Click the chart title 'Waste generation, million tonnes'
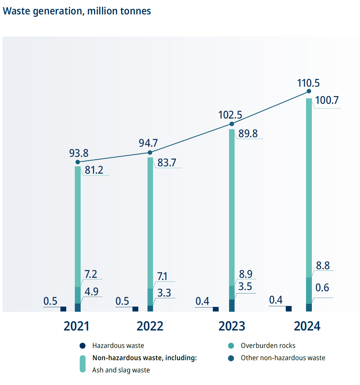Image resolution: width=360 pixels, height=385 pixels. tap(77, 11)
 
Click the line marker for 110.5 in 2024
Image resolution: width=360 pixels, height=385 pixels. tap(309, 91)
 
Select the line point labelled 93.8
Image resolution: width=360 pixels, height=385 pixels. tap(78, 162)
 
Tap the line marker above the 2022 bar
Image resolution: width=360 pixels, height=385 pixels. tap(150, 153)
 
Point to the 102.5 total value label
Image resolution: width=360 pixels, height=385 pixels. tap(230, 115)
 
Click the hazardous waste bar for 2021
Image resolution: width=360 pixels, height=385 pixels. tap(63, 309)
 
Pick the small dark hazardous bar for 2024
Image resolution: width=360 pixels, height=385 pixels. tap(289, 309)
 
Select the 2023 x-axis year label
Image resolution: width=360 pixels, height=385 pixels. tap(232, 326)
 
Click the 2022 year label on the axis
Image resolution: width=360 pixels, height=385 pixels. tap(150, 326)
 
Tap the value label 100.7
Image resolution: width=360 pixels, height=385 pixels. tap(327, 100)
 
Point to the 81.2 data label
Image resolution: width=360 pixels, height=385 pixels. tap(94, 170)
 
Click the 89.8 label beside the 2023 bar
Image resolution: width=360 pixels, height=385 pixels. tap(248, 134)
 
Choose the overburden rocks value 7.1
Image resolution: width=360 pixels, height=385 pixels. tap(162, 276)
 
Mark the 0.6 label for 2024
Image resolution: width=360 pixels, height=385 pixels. tap(322, 288)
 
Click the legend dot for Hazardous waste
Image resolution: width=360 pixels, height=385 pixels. tap(82, 346)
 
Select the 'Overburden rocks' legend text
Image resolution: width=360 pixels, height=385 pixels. tap(268, 346)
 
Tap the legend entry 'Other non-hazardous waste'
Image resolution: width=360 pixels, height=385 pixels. tap(283, 358)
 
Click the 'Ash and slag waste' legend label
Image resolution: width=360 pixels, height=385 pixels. tap(121, 370)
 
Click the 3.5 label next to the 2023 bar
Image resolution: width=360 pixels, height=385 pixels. tap(245, 287)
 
